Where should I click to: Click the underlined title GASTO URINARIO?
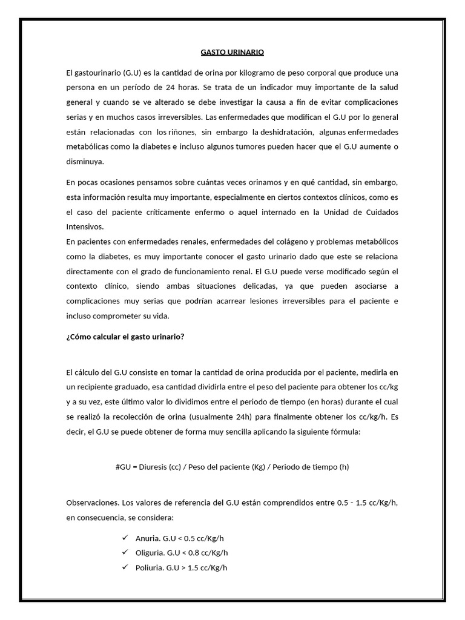coord(232,53)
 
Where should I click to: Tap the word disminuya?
coord(85,162)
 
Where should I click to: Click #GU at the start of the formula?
coord(123,467)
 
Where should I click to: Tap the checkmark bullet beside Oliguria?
coord(125,552)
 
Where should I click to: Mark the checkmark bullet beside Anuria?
coord(125,538)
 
